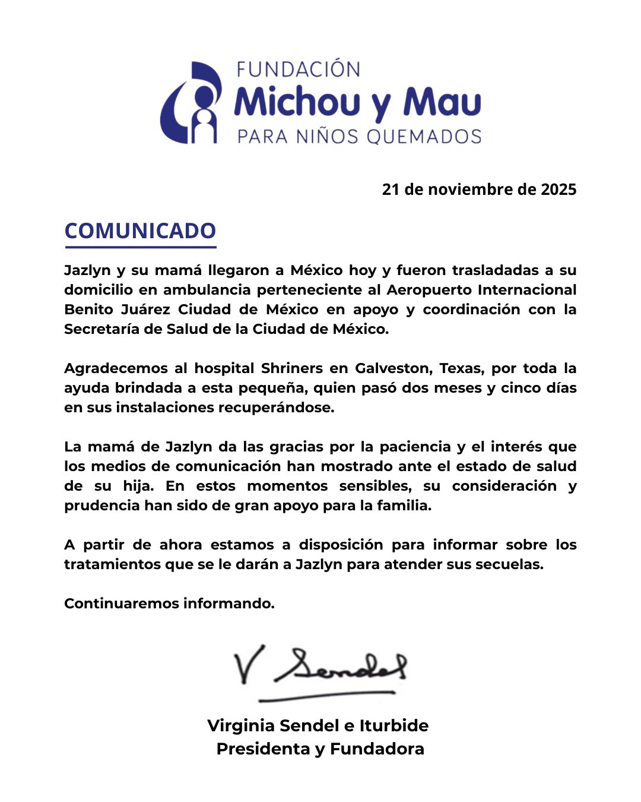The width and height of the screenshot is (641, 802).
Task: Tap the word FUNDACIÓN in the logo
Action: [298, 70]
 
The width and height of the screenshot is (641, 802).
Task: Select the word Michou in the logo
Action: [297, 102]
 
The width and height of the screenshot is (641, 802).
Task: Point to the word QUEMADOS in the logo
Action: [424, 137]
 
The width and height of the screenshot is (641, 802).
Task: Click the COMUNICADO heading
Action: [140, 231]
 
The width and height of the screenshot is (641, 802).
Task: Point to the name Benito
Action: [88, 310]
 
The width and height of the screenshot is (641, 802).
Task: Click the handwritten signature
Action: [320, 668]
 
